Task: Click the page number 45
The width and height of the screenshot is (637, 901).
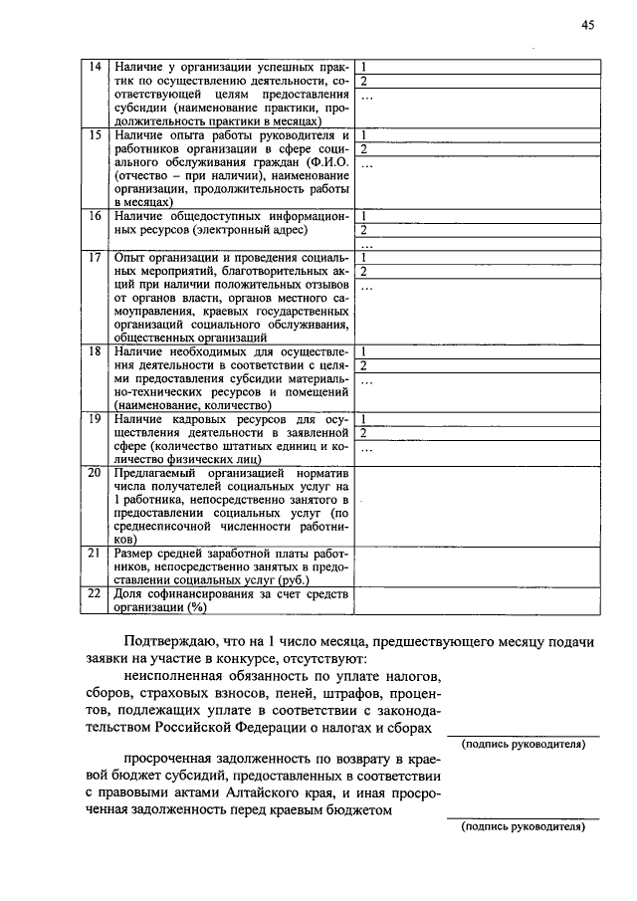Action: coord(588,27)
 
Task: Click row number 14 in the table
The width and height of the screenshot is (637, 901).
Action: coord(96,67)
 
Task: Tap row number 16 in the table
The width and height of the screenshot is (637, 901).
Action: coord(96,216)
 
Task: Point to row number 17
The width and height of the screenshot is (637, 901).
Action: coord(96,257)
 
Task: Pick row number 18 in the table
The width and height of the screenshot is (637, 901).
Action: coord(96,352)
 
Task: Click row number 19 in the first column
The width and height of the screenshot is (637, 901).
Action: coord(96,419)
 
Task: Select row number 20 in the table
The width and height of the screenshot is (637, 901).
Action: coord(96,473)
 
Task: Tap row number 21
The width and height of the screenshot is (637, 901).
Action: coord(96,553)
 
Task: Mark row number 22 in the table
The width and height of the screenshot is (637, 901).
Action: coord(96,593)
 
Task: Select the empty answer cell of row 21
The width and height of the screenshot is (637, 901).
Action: coord(478,565)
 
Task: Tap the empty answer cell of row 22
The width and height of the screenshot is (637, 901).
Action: coord(478,600)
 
